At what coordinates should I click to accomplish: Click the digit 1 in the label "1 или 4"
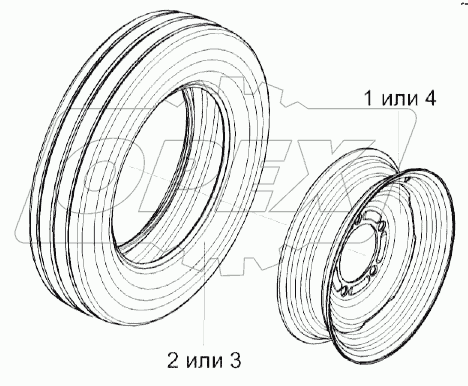(x=370, y=99)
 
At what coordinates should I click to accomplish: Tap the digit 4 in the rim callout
(x=429, y=99)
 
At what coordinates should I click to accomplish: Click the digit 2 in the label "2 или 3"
(x=173, y=360)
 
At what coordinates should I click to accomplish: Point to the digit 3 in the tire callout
(x=235, y=360)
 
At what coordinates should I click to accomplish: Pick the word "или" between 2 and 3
(x=204, y=362)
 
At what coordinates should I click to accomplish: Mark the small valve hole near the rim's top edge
(x=405, y=180)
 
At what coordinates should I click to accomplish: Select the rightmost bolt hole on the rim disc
(x=381, y=228)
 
